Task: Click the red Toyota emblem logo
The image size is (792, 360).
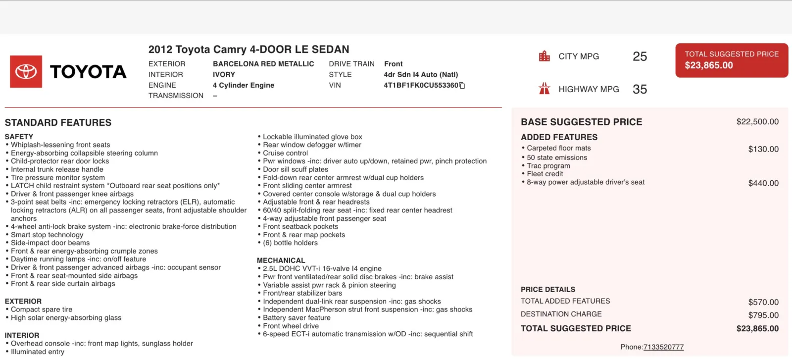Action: point(26,72)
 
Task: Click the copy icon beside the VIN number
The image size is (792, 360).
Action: point(462,86)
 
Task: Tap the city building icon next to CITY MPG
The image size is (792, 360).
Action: point(544,56)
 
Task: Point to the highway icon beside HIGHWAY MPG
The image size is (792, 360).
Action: point(544,89)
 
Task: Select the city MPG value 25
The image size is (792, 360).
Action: point(640,56)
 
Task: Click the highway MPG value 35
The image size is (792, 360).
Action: point(640,89)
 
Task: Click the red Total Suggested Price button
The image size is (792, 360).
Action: point(731,60)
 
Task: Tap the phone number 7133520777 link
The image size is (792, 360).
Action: point(663,347)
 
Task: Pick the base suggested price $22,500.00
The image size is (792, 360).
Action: point(757,122)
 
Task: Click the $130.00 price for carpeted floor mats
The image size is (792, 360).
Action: point(763,149)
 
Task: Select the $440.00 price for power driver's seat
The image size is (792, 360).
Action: point(763,183)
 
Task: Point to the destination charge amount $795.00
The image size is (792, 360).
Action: point(763,315)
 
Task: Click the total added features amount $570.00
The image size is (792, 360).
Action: point(763,302)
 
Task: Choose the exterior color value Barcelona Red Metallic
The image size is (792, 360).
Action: point(263,64)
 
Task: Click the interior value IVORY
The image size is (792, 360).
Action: point(224,75)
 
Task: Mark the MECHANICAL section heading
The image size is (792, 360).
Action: point(281,260)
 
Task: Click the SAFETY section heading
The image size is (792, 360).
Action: point(19,137)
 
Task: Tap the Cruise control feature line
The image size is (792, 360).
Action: point(285,153)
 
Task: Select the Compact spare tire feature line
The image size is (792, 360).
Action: point(42,309)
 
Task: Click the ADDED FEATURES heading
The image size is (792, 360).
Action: point(559,137)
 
